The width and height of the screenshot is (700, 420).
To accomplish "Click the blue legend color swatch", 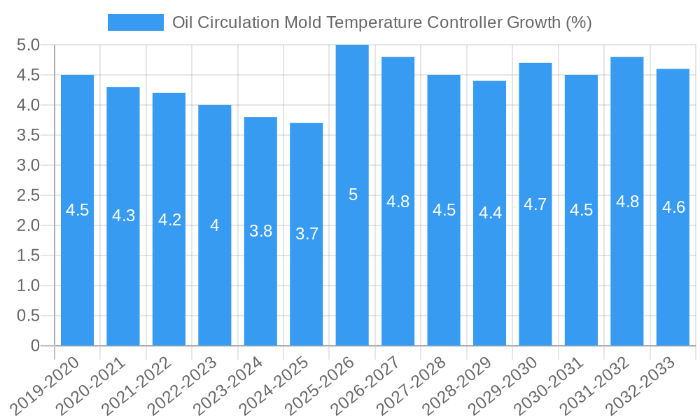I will (x=135, y=22).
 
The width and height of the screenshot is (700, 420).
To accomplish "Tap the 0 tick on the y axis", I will (x=35, y=346).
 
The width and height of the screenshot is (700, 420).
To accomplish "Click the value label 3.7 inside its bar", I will (x=307, y=234).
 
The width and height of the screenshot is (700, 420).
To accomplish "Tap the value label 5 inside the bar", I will (x=353, y=195).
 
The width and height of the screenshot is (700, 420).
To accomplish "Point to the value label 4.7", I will (x=535, y=204).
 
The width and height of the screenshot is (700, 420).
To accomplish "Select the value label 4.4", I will (x=490, y=213).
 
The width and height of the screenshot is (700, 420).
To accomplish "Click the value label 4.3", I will (x=123, y=216).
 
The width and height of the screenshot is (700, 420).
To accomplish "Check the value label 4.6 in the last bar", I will (x=673, y=207).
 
